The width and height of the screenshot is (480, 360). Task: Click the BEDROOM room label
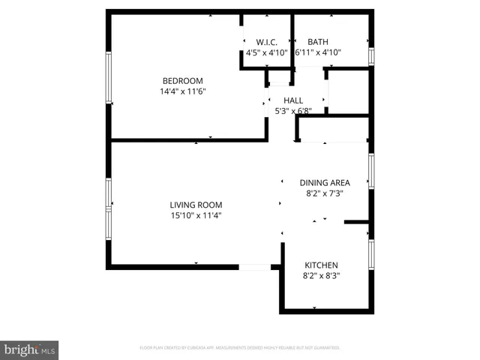pos(183,81)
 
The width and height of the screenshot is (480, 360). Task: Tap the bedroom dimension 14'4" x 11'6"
pos(183,91)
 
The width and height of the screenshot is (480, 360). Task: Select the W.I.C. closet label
pos(266,42)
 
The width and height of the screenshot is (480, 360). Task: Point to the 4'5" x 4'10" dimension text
pos(266,52)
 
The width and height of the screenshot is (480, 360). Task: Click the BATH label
pos(318,42)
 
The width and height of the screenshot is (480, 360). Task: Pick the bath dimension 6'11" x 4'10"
pos(318,52)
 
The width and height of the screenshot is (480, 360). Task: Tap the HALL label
pos(292,100)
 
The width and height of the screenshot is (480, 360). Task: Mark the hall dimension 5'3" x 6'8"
pos(292,111)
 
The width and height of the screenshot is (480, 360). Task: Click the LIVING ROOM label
pos(196,205)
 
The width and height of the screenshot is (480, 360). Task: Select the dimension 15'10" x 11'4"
pos(196,215)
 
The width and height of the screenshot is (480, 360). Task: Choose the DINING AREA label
pos(324,182)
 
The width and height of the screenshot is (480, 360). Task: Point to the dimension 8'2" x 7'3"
pos(324,193)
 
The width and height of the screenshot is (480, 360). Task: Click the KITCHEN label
pos(321,265)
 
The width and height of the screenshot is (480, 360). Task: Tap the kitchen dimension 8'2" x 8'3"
pos(321,275)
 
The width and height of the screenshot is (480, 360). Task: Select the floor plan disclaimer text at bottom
pos(240,348)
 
